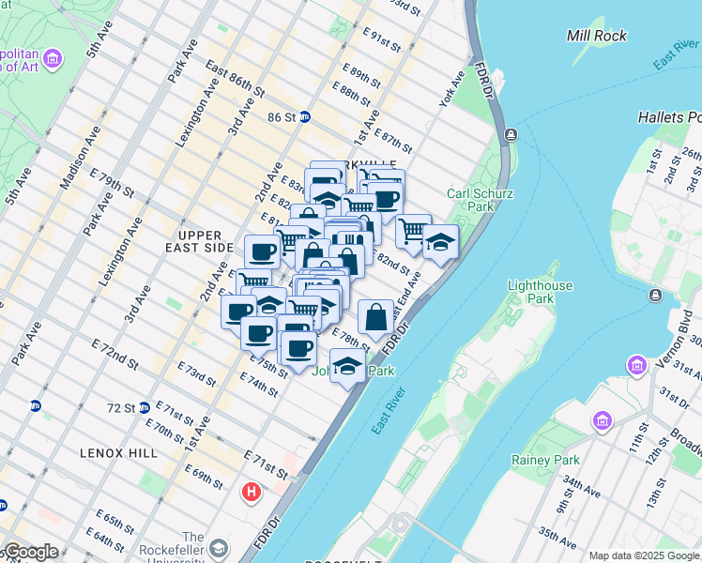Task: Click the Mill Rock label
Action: pyautogui.click(x=596, y=36)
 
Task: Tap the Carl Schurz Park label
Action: pyautogui.click(x=470, y=199)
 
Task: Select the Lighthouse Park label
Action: pyautogui.click(x=533, y=292)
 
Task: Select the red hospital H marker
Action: pyautogui.click(x=252, y=491)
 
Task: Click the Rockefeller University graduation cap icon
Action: pyautogui.click(x=218, y=547)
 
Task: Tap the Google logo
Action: pyautogui.click(x=30, y=552)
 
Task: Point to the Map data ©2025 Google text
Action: pyautogui.click(x=644, y=555)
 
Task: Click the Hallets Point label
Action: pyautogui.click(x=669, y=117)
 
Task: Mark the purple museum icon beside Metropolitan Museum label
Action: pyautogui.click(x=53, y=61)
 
